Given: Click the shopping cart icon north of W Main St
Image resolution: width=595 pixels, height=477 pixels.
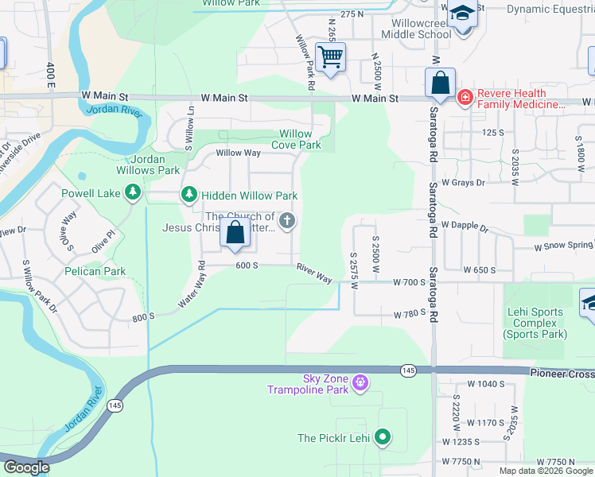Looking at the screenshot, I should click(x=330, y=57).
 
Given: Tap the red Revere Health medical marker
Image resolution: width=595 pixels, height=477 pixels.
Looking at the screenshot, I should click(x=465, y=99).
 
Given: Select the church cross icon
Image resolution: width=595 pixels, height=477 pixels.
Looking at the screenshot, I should click(x=287, y=222).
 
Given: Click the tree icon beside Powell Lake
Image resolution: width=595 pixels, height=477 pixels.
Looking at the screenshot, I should click(x=133, y=192).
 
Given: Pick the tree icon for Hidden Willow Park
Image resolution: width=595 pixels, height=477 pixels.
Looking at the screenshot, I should click(x=189, y=195).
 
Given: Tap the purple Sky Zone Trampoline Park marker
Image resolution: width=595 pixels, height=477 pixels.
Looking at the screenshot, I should click(x=360, y=384).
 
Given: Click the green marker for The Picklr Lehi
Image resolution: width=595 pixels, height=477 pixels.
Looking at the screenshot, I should click(x=383, y=437).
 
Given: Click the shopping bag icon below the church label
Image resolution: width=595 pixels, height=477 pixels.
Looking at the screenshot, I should click(x=235, y=233).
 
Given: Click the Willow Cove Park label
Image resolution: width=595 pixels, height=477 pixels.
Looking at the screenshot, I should click(x=296, y=140).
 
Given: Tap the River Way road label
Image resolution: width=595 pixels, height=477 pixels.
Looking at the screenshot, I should click(x=314, y=273).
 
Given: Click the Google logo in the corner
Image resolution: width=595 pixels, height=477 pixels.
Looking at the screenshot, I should click(x=25, y=467).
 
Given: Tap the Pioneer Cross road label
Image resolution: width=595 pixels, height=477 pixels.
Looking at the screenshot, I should click(x=562, y=372).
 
